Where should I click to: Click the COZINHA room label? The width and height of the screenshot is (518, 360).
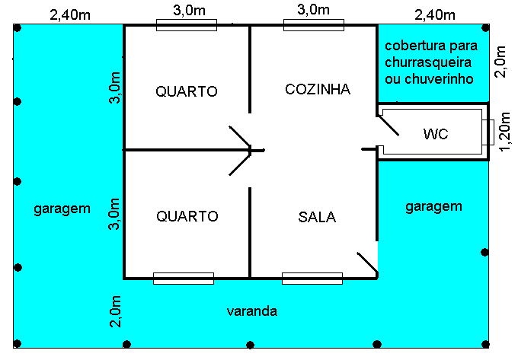pyautogui.click(x=318, y=89)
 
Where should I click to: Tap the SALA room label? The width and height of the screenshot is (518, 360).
pyautogui.click(x=317, y=217)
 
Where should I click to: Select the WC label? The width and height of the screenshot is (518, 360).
pyautogui.click(x=436, y=134)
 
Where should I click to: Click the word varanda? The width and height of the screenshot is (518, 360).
pyautogui.click(x=251, y=311)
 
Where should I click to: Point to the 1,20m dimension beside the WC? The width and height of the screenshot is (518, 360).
pyautogui.click(x=505, y=132)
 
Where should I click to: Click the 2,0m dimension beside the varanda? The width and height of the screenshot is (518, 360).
pyautogui.click(x=115, y=311)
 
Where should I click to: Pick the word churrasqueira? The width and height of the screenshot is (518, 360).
pyautogui.click(x=428, y=62)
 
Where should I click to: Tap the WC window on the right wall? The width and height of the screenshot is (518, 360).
pyautogui.click(x=488, y=132)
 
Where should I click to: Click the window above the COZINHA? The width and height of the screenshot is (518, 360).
pyautogui.click(x=314, y=25)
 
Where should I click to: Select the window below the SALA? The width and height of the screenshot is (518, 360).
pyautogui.click(x=312, y=278)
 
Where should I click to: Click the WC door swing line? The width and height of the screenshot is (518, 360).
pyautogui.click(x=388, y=126)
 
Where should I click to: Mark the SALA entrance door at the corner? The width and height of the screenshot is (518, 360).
pyautogui.click(x=367, y=263)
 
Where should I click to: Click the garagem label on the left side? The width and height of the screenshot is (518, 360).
pyautogui.click(x=62, y=209)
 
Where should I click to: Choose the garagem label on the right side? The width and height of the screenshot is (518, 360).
pyautogui.click(x=433, y=207)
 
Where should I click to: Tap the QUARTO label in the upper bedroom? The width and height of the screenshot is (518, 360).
pyautogui.click(x=187, y=91)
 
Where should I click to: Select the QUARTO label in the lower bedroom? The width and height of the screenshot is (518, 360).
pyautogui.click(x=187, y=216)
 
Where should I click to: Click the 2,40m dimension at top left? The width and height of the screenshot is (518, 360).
pyautogui.click(x=70, y=15)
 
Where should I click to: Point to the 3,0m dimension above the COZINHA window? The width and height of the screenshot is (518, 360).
pyautogui.click(x=313, y=10)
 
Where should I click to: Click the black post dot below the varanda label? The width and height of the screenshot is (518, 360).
pyautogui.click(x=250, y=345)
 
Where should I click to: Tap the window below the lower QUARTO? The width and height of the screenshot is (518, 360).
pyautogui.click(x=184, y=278)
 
